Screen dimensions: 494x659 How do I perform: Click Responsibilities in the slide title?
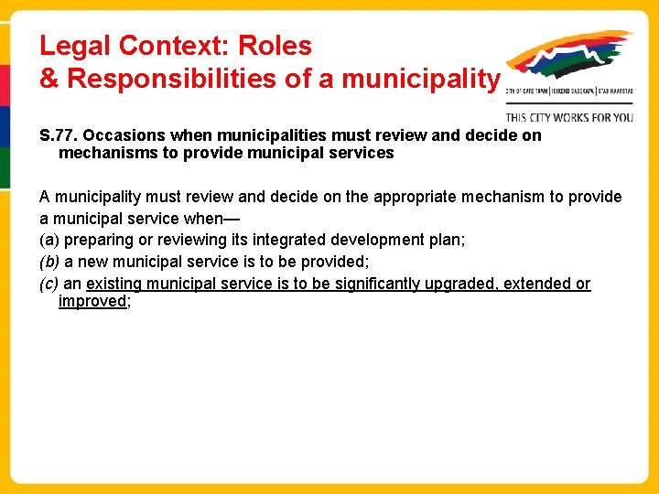(x=172, y=79)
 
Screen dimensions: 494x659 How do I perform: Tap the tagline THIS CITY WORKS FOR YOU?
(x=569, y=117)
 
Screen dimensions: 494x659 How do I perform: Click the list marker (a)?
(x=49, y=240)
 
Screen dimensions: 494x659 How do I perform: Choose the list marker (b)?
(x=49, y=262)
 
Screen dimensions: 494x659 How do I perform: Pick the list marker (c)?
(x=49, y=284)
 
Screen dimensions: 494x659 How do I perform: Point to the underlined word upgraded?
(x=473, y=284)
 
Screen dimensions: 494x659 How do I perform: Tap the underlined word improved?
(x=92, y=301)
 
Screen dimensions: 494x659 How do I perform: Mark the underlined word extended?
(x=542, y=284)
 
